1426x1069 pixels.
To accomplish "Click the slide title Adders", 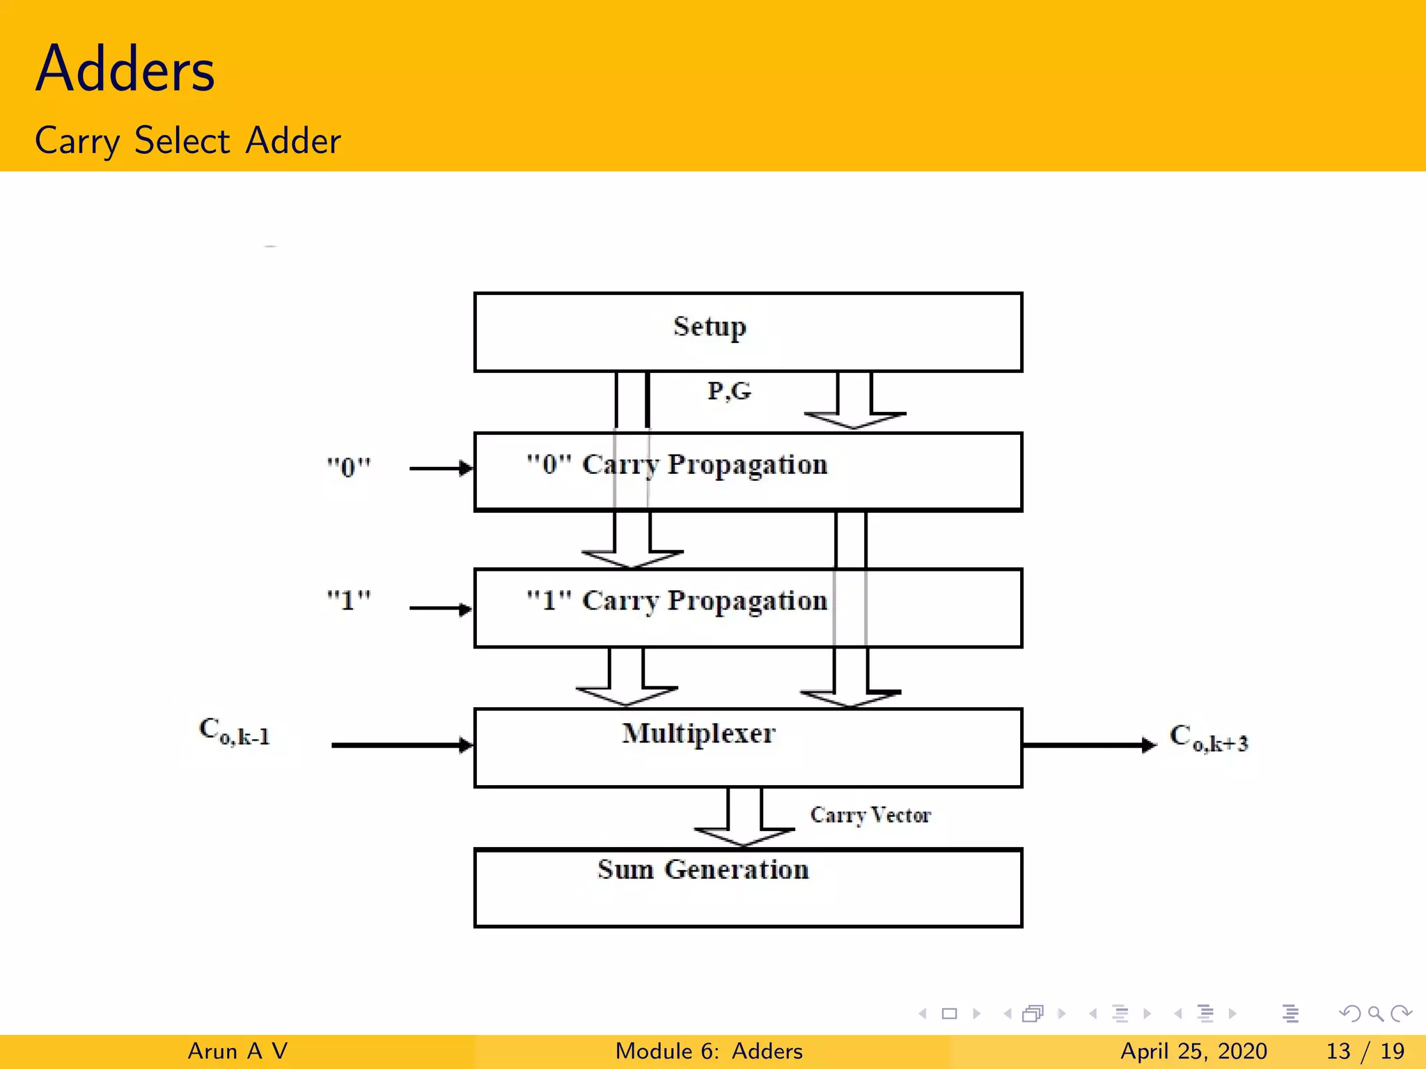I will pos(125,69).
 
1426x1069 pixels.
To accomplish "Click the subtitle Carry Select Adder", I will pos(188,141).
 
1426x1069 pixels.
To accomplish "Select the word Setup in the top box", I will pos(709,326).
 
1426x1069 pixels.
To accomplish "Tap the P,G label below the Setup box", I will pos(729,391).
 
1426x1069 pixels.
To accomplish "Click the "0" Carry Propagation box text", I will pos(677,465).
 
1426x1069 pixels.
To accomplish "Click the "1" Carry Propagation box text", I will pos(677,601).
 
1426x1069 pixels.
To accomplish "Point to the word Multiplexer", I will pos(698,734).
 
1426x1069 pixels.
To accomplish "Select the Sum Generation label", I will pos(703,870).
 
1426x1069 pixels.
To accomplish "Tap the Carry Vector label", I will pos(870,815).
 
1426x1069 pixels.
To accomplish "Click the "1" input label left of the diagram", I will pos(349,600).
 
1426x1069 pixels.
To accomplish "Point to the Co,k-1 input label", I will pos(235,732).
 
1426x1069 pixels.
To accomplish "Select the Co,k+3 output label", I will pos(1209,739).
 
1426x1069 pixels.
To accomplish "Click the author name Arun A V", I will pos(237,1051).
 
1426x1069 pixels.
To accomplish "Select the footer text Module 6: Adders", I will pos(709,1051).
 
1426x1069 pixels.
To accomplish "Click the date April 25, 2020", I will pos(1193,1051).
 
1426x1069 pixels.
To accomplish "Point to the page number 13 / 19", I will pos(1365,1051).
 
